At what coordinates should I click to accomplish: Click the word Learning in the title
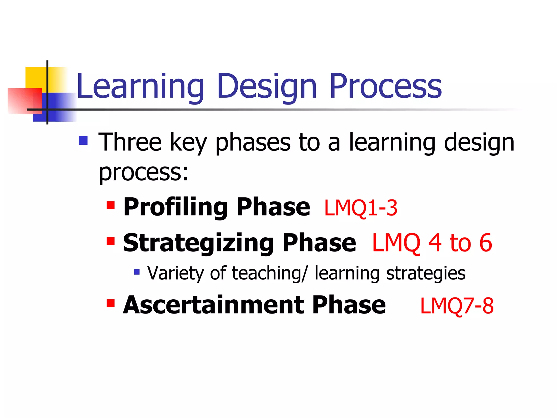(x=140, y=87)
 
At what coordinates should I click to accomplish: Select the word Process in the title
(x=385, y=87)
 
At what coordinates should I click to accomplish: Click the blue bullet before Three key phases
(x=83, y=140)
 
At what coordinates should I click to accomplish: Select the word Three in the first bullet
(x=130, y=142)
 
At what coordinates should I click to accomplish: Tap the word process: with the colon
(x=143, y=173)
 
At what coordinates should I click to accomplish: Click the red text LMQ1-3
(x=361, y=208)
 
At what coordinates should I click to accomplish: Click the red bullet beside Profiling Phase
(x=110, y=205)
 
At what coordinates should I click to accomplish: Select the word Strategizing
(x=198, y=243)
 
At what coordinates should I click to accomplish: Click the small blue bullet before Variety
(x=137, y=272)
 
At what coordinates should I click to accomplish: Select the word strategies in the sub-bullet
(x=426, y=273)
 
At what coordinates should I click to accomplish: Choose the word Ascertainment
(x=213, y=305)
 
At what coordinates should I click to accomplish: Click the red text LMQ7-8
(x=457, y=306)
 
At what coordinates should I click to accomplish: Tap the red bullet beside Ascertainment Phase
(x=110, y=303)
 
